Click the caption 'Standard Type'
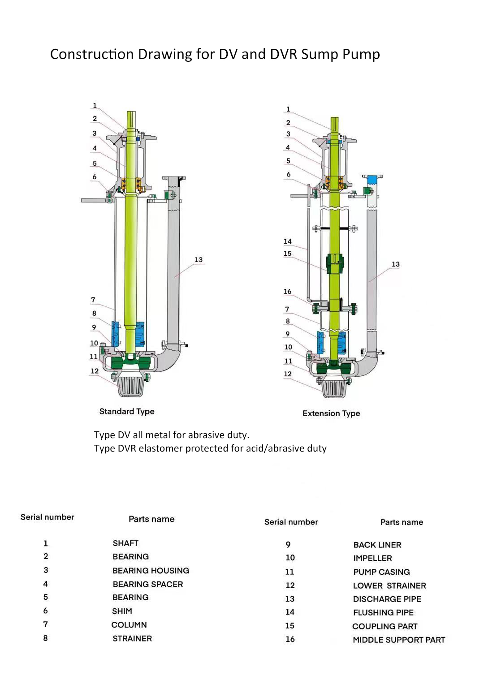[x=127, y=412]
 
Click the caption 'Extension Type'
[x=331, y=413]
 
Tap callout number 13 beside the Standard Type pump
[x=199, y=259]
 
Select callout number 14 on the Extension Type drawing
[x=288, y=241]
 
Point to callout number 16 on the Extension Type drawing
[x=288, y=291]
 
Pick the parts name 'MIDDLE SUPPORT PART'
[x=399, y=640]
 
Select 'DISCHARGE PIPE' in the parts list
[x=387, y=599]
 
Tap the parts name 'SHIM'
[x=122, y=611]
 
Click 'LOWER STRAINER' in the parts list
[x=389, y=585]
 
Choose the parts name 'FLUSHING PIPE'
[x=384, y=612]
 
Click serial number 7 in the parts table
[x=46, y=624]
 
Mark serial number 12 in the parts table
[x=290, y=585]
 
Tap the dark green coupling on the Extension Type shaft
[x=335, y=263]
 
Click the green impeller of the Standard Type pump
[x=131, y=363]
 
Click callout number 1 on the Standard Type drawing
[x=95, y=105]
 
